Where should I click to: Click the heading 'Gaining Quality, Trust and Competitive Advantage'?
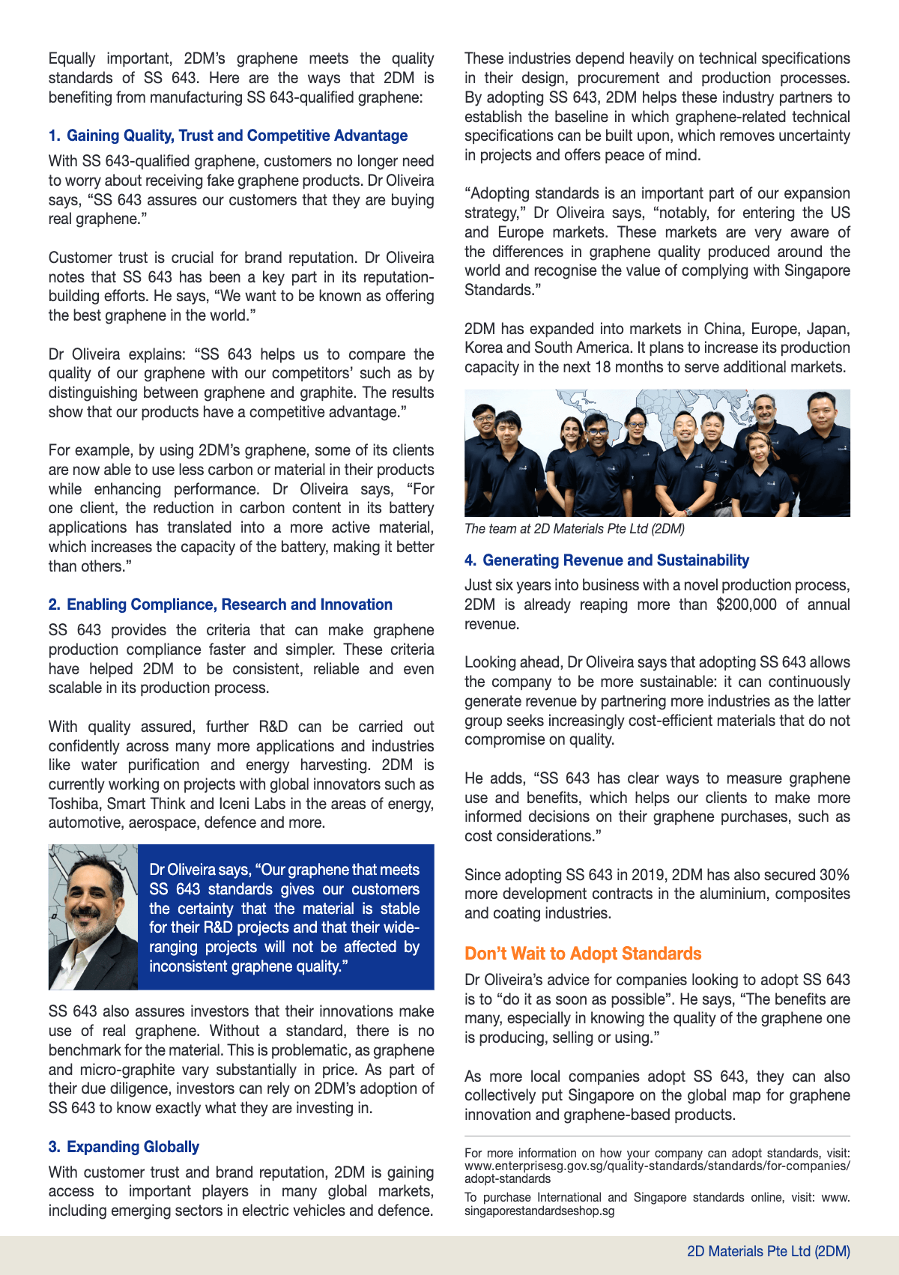click(x=237, y=136)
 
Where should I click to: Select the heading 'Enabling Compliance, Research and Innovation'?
click(x=229, y=605)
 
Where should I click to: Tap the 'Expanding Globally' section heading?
click(x=133, y=1147)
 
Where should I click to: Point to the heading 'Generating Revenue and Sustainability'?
click(x=615, y=560)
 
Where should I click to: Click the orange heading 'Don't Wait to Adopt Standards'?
click(x=583, y=954)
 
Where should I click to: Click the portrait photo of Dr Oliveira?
click(x=93, y=917)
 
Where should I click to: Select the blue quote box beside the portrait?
click(x=285, y=917)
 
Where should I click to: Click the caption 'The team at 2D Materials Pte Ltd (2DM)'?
click(x=574, y=529)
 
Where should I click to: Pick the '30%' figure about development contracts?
click(x=834, y=875)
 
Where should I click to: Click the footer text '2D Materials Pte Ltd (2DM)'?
click(x=768, y=1252)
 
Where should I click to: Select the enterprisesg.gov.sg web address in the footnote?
click(x=657, y=1166)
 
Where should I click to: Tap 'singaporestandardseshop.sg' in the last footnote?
click(x=539, y=1211)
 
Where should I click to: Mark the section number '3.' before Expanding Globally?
click(x=55, y=1147)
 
